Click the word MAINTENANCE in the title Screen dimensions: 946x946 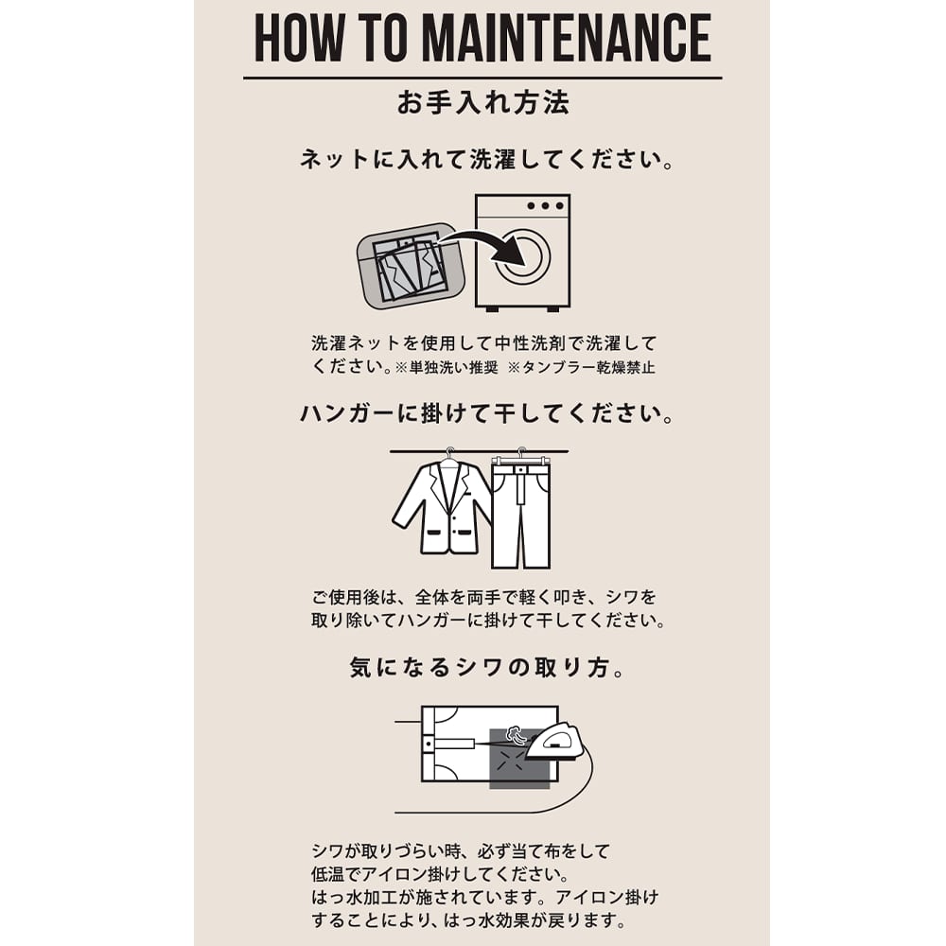point(567,38)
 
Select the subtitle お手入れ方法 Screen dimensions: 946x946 point(482,102)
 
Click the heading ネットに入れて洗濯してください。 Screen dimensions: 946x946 point(486,159)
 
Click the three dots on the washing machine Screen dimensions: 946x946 point(545,205)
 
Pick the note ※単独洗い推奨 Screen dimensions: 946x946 point(447,367)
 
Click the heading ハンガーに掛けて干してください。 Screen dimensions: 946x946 point(486,414)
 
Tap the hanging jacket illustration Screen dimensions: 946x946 point(442,507)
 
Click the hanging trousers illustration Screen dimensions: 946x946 point(520,512)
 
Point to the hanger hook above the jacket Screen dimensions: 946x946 point(448,453)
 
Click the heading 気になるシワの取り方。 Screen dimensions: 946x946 point(486,668)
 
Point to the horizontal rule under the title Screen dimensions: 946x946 point(482,78)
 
